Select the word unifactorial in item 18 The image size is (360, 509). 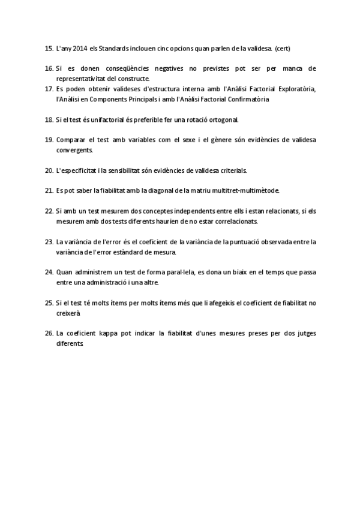97,119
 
